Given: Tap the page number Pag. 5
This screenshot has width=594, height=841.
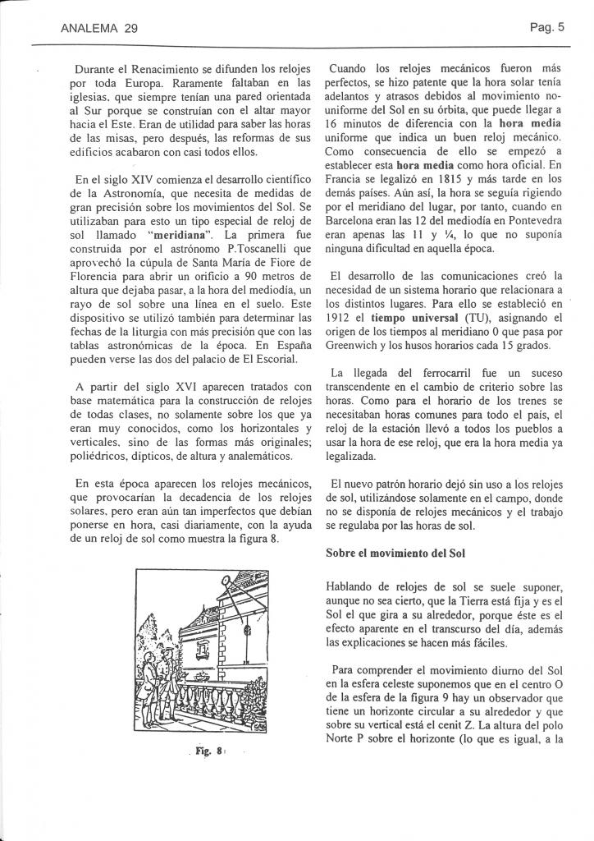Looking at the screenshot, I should [548, 26].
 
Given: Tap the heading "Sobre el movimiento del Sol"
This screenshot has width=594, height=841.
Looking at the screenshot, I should [395, 553].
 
